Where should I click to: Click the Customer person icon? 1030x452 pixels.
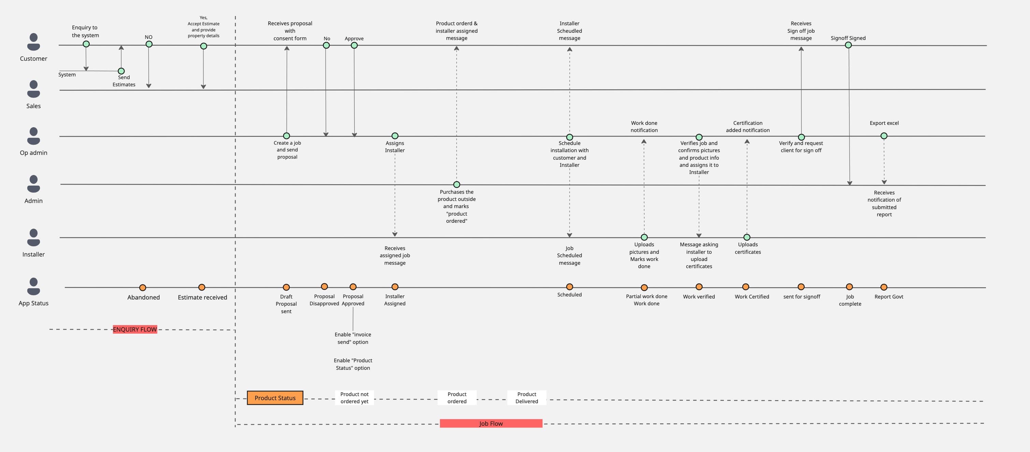tap(33, 42)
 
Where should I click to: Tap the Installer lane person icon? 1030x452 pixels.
tap(33, 237)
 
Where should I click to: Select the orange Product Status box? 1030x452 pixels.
tap(275, 398)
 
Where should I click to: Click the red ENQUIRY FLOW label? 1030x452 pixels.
tap(135, 329)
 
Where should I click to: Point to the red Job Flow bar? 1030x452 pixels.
tap(491, 424)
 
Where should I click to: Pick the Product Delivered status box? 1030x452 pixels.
tap(527, 398)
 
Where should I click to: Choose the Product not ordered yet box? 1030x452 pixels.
tap(354, 398)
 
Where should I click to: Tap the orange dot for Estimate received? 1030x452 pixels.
tap(202, 287)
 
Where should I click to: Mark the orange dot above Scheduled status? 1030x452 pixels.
tap(569, 287)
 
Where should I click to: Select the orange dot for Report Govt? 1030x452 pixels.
tap(884, 287)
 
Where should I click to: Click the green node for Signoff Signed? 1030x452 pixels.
tap(848, 45)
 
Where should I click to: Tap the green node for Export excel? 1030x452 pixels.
tap(884, 136)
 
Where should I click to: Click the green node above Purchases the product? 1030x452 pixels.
tap(457, 185)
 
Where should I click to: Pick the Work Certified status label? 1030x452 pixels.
tap(752, 296)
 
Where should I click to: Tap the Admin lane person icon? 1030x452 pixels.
tap(33, 184)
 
